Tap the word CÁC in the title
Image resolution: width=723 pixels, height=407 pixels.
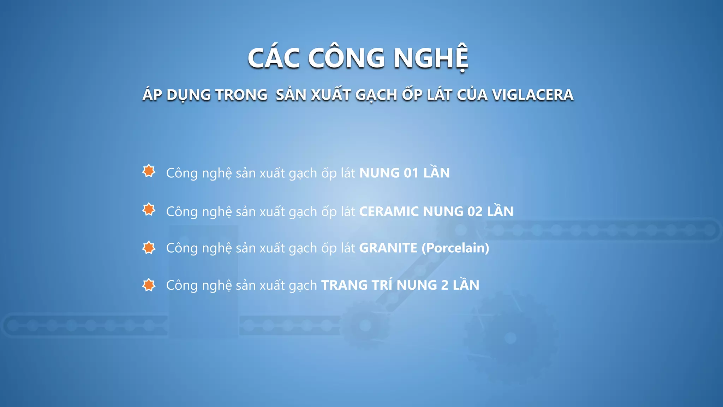pyautogui.click(x=274, y=58)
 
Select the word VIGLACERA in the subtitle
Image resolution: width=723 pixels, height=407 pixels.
pyautogui.click(x=533, y=95)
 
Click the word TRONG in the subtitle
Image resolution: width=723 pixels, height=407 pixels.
pyautogui.click(x=241, y=95)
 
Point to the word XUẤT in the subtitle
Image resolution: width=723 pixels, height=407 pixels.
pyautogui.click(x=331, y=95)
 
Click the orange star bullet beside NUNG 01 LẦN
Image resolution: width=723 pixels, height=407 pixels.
pyautogui.click(x=149, y=171)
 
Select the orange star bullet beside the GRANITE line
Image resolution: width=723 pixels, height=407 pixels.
pyautogui.click(x=149, y=248)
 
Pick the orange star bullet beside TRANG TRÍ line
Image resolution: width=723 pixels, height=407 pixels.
pyautogui.click(x=149, y=285)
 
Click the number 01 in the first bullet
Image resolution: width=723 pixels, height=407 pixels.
pyautogui.click(x=411, y=173)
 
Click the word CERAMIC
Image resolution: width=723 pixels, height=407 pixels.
pyautogui.click(x=389, y=212)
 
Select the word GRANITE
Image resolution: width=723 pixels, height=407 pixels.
pyautogui.click(x=388, y=248)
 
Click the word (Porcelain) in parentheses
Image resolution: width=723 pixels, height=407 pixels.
pyautogui.click(x=455, y=248)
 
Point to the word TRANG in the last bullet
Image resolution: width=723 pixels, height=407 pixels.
pyautogui.click(x=345, y=285)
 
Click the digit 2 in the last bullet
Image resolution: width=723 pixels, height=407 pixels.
pyautogui.click(x=445, y=285)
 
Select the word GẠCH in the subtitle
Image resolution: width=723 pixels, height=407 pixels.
pyautogui.click(x=376, y=95)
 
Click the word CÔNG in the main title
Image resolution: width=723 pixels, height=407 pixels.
pyautogui.click(x=346, y=58)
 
